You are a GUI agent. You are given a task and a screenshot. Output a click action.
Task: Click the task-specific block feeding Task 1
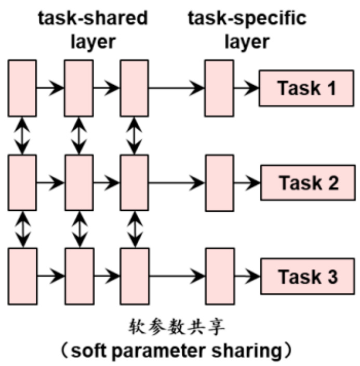[x=218, y=88]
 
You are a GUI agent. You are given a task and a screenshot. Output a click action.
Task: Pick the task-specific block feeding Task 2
[x=219, y=183]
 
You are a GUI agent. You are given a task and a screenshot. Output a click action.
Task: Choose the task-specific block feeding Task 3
[x=219, y=277]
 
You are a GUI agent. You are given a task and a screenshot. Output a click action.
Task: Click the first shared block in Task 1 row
[x=22, y=88]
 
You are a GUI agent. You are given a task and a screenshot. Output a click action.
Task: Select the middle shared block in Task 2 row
[x=78, y=183]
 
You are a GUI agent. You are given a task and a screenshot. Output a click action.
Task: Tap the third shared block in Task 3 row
[x=135, y=277]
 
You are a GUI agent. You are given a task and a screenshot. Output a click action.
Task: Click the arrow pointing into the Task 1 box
[x=246, y=88]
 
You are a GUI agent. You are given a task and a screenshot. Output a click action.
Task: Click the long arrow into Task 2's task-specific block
[x=177, y=183]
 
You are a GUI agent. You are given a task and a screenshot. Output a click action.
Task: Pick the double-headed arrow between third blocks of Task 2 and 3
[x=135, y=229]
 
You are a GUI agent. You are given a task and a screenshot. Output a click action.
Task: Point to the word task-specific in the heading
[x=247, y=19]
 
